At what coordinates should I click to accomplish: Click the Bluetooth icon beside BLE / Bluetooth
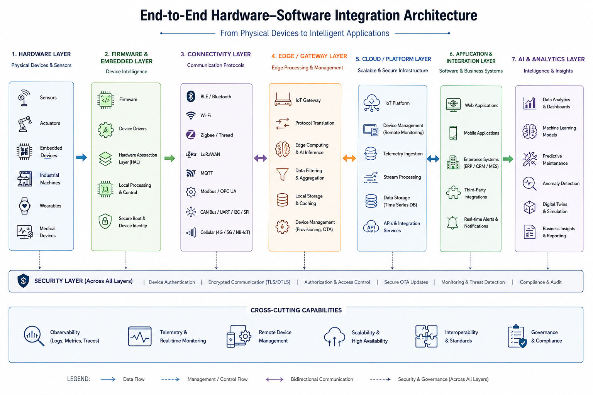191,96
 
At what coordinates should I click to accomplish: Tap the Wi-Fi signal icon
191,115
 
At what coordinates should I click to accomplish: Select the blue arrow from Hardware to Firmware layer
81,157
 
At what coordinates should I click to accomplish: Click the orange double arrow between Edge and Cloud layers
349,158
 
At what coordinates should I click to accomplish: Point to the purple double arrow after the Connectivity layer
261,158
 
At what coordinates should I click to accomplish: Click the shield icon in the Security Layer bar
23,281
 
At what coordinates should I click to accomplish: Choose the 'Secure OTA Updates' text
406,282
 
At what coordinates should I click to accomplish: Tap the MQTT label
207,173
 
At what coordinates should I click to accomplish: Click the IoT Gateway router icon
283,100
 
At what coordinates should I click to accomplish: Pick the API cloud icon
371,227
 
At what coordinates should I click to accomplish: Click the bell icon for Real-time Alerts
452,223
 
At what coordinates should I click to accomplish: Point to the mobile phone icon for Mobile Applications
453,133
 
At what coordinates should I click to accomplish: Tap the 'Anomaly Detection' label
561,183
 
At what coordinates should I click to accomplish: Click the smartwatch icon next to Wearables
25,206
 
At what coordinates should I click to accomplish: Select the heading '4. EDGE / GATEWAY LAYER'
309,56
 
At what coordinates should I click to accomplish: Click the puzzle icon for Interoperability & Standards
426,336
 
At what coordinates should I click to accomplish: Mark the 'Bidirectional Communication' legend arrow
274,380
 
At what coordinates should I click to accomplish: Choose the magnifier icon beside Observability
34,336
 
